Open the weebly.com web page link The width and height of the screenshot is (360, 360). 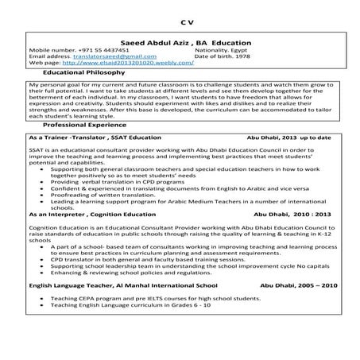[137, 64]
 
